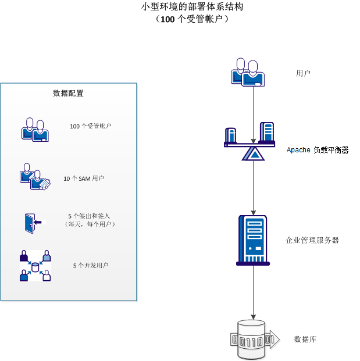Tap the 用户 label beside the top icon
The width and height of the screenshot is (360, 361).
303,74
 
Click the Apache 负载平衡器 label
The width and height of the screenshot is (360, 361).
318,150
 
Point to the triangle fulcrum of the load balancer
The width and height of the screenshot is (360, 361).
254,153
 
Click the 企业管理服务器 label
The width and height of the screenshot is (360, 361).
312,240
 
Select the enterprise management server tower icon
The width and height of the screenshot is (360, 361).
252,240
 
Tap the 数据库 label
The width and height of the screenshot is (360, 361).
305,339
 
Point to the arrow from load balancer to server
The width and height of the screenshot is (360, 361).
254,186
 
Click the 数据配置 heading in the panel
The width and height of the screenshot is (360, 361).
69,93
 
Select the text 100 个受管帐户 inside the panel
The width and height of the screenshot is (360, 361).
91,126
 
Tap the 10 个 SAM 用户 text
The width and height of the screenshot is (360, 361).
84,178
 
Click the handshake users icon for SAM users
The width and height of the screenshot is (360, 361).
35,177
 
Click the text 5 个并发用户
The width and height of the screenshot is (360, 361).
91,266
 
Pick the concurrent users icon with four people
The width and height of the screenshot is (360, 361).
35,266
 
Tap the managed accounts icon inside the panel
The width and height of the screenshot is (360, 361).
35,130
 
